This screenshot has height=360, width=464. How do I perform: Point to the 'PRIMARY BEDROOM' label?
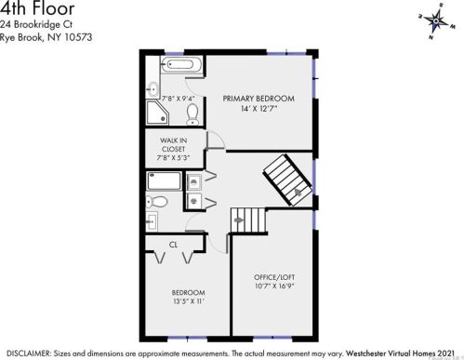pos(258,98)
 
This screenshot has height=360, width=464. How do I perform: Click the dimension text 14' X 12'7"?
pos(258,108)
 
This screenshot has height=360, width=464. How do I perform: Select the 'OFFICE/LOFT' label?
pos(274,277)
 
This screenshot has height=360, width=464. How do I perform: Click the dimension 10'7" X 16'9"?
pos(274,287)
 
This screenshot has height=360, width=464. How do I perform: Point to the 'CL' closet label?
pos(173,245)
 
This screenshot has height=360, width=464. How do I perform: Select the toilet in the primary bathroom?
pos(192,114)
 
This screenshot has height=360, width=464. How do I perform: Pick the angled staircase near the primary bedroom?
pos(285,180)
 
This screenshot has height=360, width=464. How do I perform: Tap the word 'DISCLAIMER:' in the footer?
pos(30,353)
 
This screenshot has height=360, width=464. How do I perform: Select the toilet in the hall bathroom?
pos(158,201)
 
